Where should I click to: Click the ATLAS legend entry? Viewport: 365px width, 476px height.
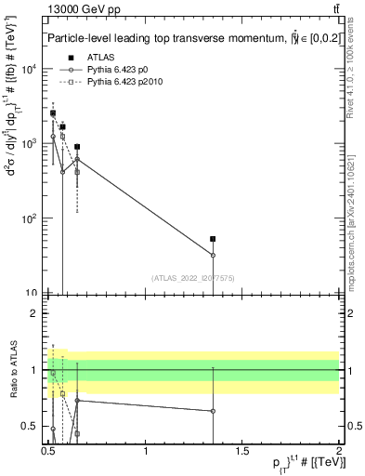98,58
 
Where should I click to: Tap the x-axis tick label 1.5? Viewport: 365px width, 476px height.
242,452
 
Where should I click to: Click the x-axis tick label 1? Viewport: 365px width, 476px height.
146,452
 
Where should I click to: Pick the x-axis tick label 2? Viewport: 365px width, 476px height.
338,452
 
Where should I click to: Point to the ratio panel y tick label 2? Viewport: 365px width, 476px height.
33,313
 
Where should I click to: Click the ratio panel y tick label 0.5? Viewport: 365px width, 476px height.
30,426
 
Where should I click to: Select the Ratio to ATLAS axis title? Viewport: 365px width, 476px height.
12,370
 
